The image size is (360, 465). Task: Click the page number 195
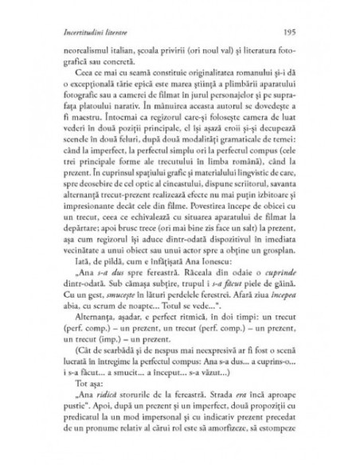tap(289, 33)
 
